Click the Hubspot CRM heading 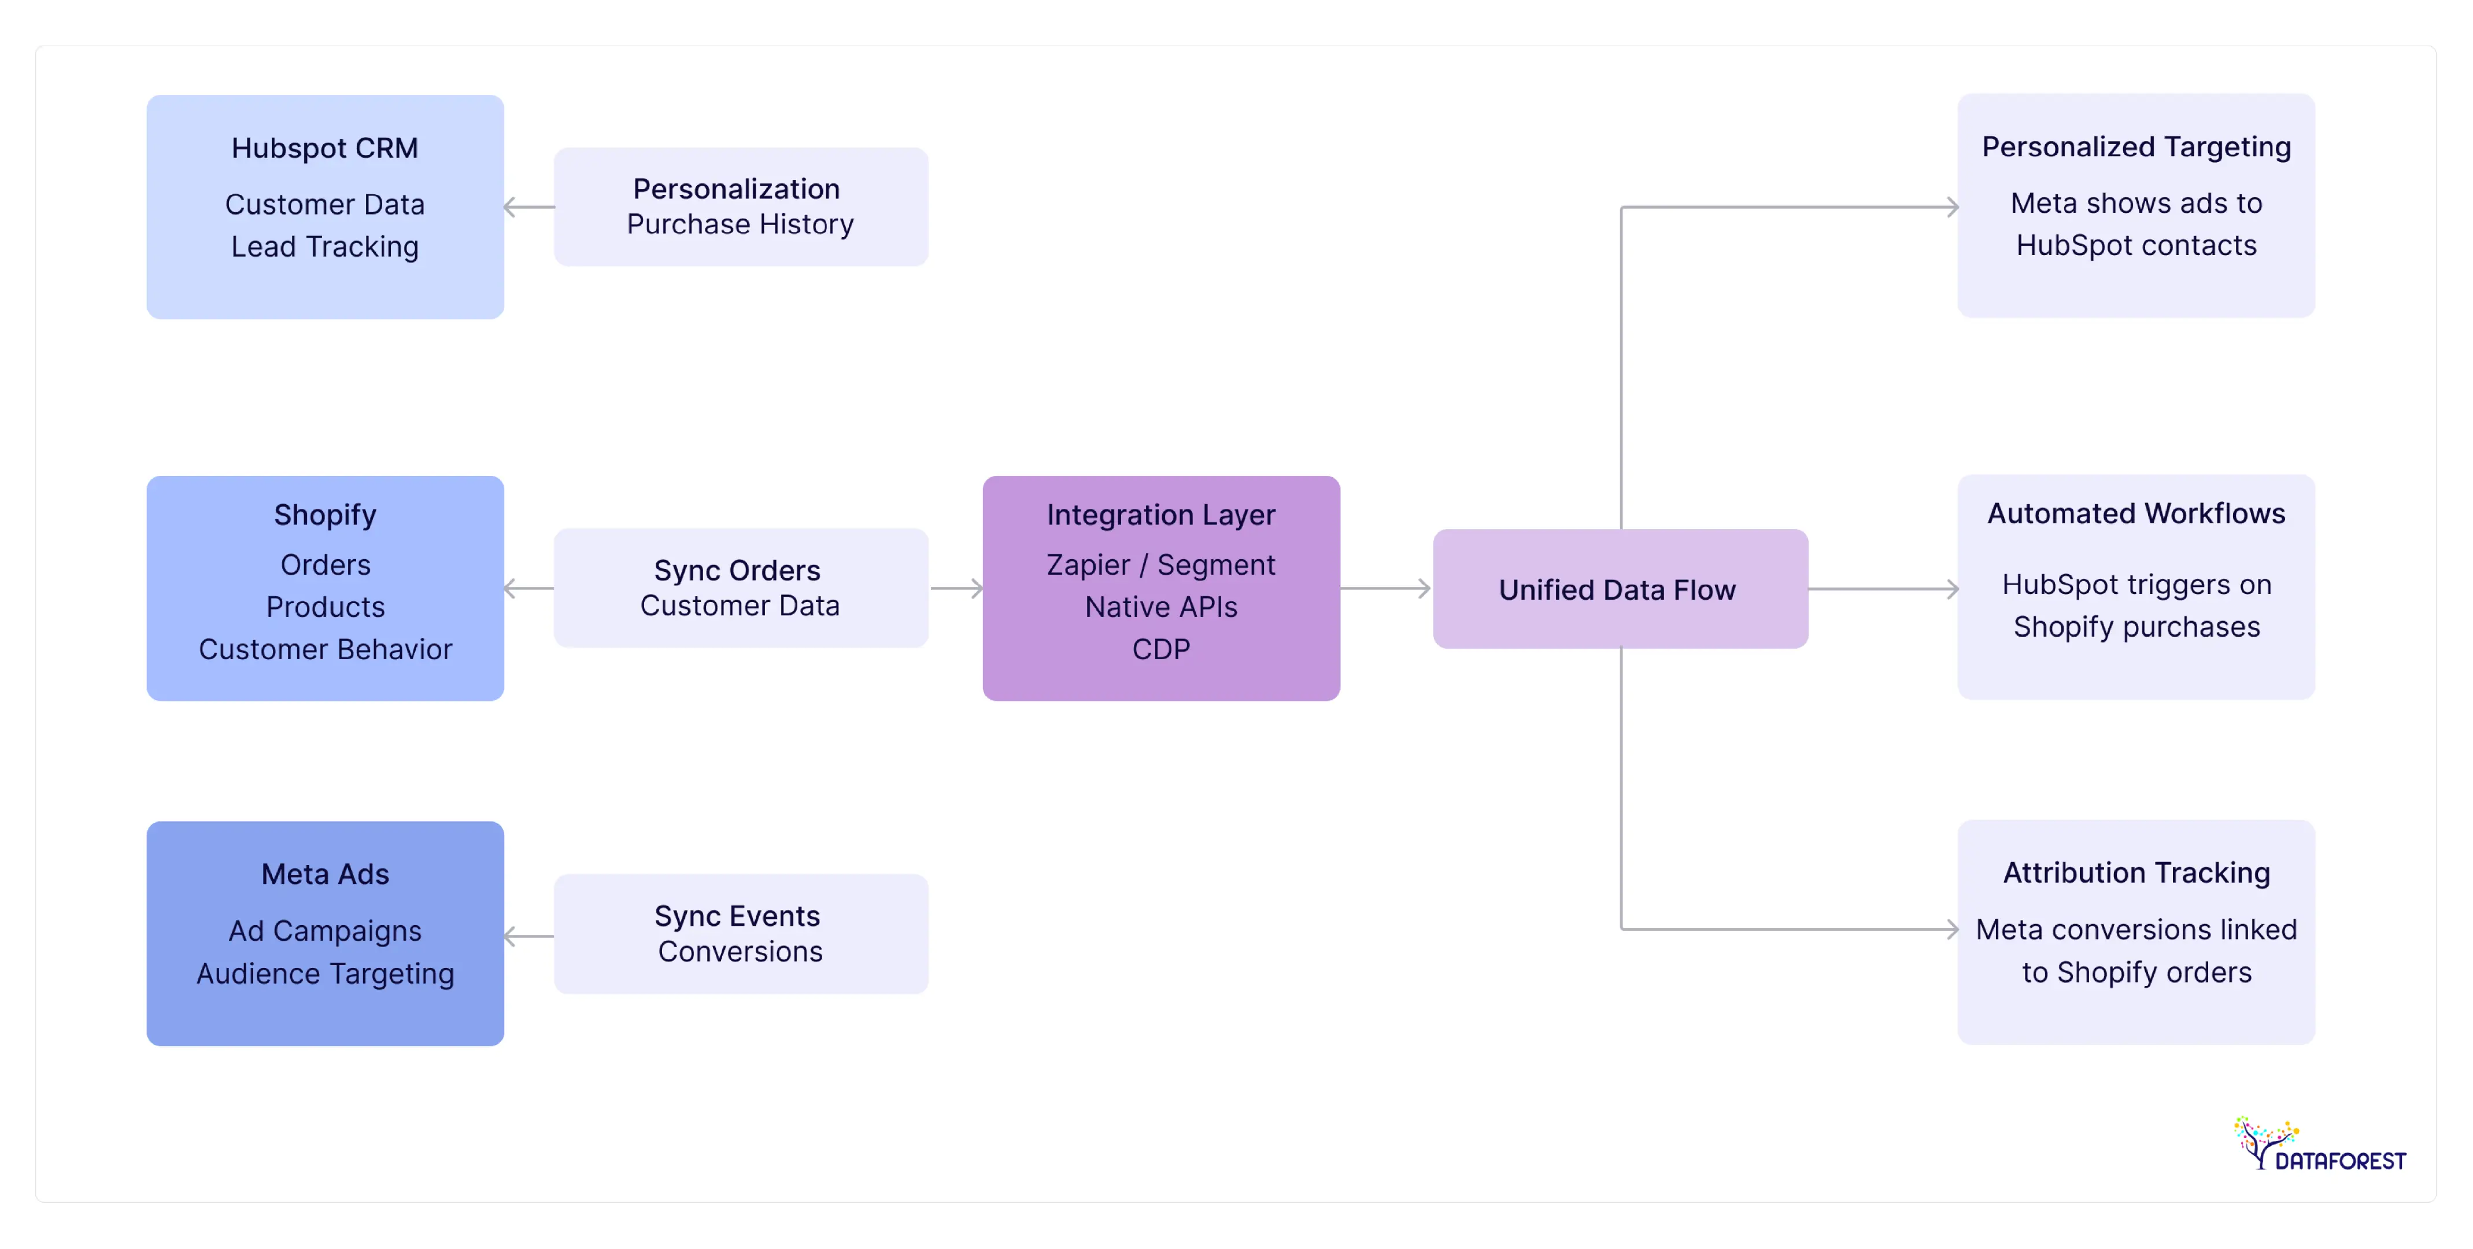pyautogui.click(x=324, y=148)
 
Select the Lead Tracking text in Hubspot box pyautogui.click(x=324, y=247)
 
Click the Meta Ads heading pyautogui.click(x=324, y=874)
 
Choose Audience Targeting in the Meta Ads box pyautogui.click(x=324, y=974)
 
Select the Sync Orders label pyautogui.click(x=736, y=570)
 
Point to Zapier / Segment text pyautogui.click(x=1160, y=564)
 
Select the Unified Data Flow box pyautogui.click(x=1618, y=589)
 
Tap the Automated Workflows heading pyautogui.click(x=2136, y=513)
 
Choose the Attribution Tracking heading pyautogui.click(x=2136, y=873)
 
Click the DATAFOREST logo pyautogui.click(x=2319, y=1145)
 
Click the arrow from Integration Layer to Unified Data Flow pyautogui.click(x=1385, y=589)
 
